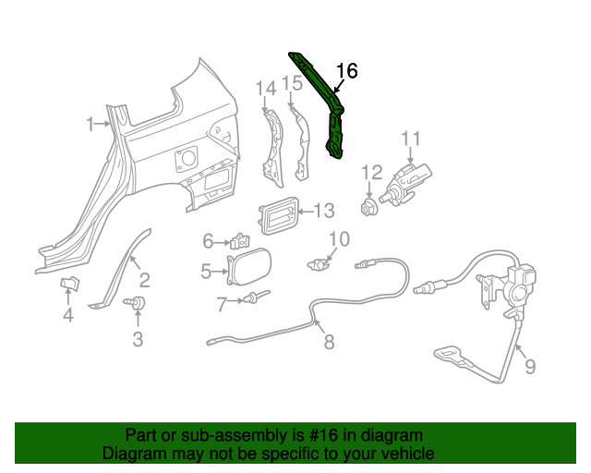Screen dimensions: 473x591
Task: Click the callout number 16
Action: click(346, 71)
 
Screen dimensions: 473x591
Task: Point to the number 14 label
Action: click(266, 88)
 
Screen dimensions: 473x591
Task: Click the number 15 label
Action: click(292, 84)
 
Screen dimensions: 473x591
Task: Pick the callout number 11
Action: click(410, 139)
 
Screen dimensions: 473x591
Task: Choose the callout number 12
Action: click(371, 171)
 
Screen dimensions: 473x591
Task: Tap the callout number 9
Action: click(529, 368)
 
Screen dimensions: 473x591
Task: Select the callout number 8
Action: click(329, 343)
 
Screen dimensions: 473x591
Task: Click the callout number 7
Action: click(222, 301)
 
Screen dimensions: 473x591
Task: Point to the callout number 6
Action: click(209, 241)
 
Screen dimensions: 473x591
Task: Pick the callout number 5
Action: click(207, 271)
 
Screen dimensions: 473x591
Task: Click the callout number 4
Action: click(68, 317)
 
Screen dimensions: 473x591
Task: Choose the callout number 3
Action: click(138, 339)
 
